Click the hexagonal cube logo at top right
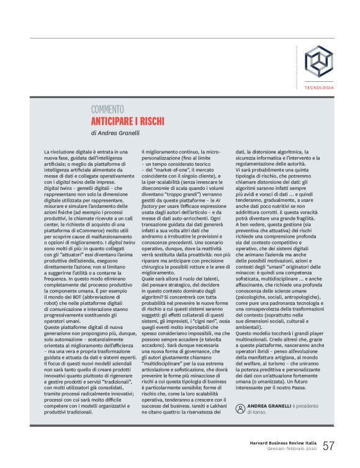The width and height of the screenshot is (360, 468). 318,61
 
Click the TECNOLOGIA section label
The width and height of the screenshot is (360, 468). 319,88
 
